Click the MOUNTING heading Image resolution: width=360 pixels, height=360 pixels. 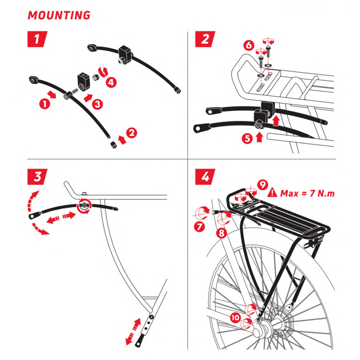pyautogui.click(x=59, y=15)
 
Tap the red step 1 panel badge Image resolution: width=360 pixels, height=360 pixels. pyautogui.click(x=37, y=39)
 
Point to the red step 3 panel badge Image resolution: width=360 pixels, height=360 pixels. pyautogui.click(x=37, y=176)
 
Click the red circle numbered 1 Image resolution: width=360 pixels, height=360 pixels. pyautogui.click(x=44, y=104)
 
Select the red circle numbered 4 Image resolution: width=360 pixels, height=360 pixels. pyautogui.click(x=111, y=82)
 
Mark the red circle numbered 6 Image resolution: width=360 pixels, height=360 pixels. pyautogui.click(x=248, y=46)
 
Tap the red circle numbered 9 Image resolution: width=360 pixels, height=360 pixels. pyautogui.click(x=263, y=185)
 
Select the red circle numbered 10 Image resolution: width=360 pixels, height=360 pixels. pyautogui.click(x=235, y=318)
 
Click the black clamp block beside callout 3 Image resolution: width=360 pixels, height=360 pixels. pyautogui.click(x=82, y=80)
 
